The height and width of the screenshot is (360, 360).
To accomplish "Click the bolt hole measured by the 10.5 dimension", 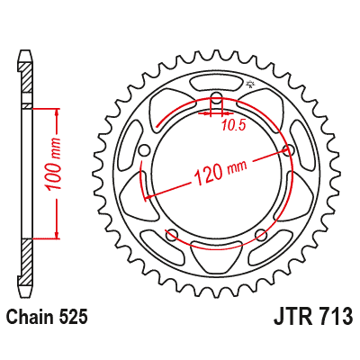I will pos(216,100).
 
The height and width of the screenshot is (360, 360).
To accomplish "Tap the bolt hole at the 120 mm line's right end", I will pos(288,150).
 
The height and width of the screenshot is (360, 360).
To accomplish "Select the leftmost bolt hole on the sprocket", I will pos(145,150).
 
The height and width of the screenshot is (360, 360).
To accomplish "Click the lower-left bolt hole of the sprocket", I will pos(172,236).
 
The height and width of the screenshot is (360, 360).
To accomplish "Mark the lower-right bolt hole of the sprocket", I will pos(261,236).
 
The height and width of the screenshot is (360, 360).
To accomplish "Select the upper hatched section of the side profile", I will pos(26,85).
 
